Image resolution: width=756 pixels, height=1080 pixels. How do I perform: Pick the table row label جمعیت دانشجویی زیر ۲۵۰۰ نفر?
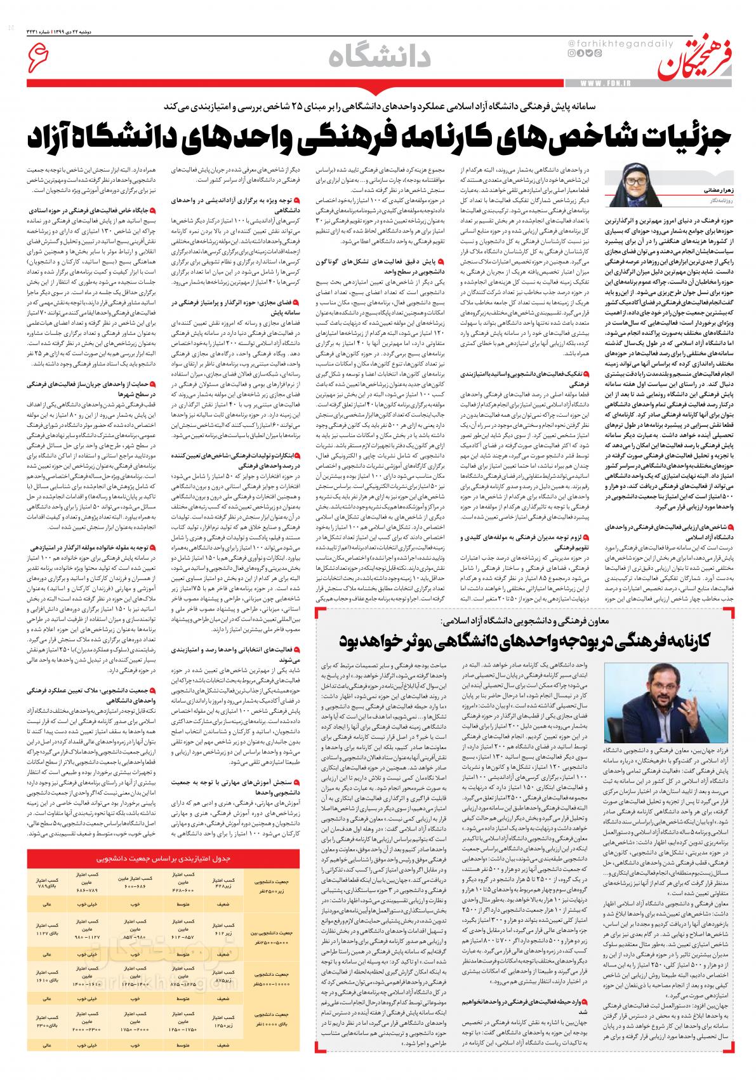(x=270, y=885)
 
